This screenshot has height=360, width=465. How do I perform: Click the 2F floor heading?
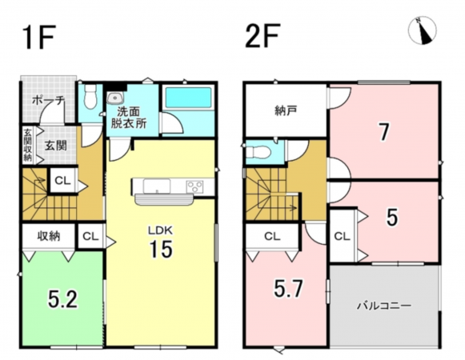(x=263, y=36)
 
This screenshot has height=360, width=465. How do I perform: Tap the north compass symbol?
(x=423, y=31)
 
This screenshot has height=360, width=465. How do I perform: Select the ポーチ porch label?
(x=48, y=100)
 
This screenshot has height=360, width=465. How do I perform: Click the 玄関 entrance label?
(x=56, y=146)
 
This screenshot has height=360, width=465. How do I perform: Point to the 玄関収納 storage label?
(x=27, y=146)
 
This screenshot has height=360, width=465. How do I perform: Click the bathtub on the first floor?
(x=189, y=98)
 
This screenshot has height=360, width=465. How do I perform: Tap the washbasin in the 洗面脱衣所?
(x=114, y=98)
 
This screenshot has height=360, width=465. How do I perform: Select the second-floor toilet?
(x=259, y=153)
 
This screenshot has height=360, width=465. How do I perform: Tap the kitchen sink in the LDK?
(x=157, y=186)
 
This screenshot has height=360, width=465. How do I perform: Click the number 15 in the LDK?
(x=161, y=249)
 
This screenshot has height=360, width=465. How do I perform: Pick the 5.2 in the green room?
(x=63, y=299)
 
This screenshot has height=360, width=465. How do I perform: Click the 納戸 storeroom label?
(x=286, y=111)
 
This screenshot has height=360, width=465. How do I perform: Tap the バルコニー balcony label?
(x=383, y=306)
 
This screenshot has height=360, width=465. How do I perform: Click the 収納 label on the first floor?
(x=49, y=236)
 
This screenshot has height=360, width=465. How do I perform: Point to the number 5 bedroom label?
(x=392, y=217)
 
